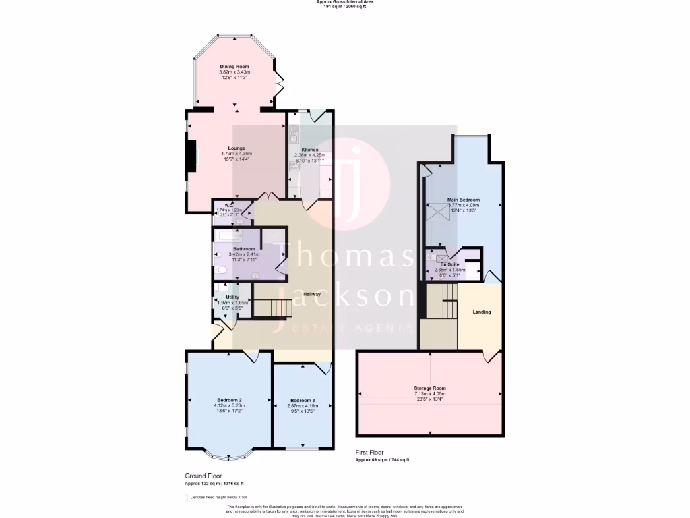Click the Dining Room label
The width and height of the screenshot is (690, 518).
tap(234, 67)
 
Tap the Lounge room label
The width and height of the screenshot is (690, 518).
tap(236, 148)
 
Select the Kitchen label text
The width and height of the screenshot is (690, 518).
tap(310, 150)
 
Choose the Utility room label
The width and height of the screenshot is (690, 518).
tap(232, 297)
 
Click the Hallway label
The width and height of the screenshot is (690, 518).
tap(311, 294)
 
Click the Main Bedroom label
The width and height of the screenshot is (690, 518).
tap(464, 200)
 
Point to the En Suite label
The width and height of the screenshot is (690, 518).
tap(449, 264)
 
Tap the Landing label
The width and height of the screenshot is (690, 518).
tap(482, 312)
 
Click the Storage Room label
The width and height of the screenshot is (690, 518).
tap(430, 388)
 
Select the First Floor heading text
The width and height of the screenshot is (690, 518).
tap(371, 453)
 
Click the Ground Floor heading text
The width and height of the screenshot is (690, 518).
tap(203, 476)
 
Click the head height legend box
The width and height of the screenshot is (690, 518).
tap(186, 497)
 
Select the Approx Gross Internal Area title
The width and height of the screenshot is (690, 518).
tap(344, 2)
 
